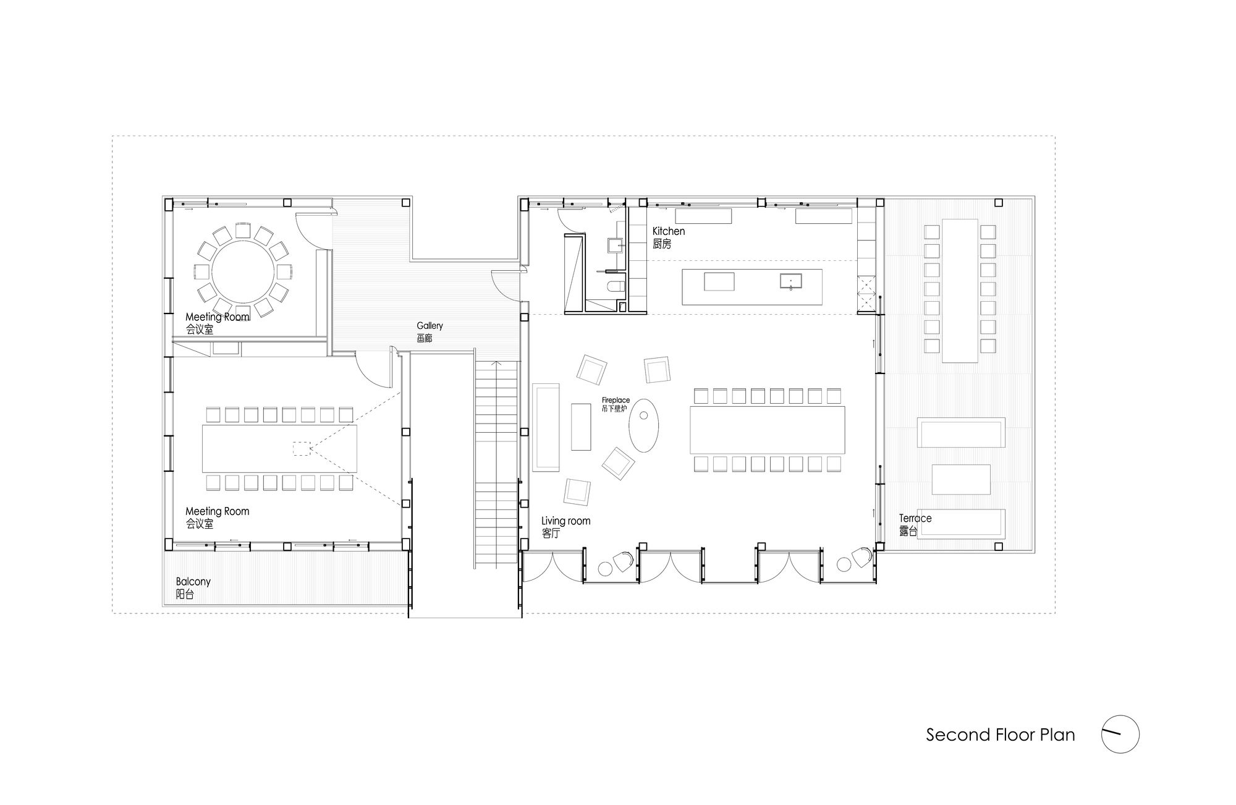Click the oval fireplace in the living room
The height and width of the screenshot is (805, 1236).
coord(643,425)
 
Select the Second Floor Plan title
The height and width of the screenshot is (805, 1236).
coord(1000,735)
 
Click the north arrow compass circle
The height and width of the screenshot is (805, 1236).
coord(1120,716)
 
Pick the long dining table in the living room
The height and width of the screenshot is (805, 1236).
coord(767,430)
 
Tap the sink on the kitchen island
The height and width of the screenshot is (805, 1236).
coord(790,282)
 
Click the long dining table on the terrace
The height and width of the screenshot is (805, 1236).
coord(960,291)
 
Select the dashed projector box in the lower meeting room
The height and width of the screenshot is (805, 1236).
coord(302,448)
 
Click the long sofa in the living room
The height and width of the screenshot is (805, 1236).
coord(546,427)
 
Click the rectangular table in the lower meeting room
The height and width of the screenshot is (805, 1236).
coord(279,448)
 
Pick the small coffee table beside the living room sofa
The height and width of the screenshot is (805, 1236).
coord(581,427)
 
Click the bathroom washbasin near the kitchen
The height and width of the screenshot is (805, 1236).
coord(615,245)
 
